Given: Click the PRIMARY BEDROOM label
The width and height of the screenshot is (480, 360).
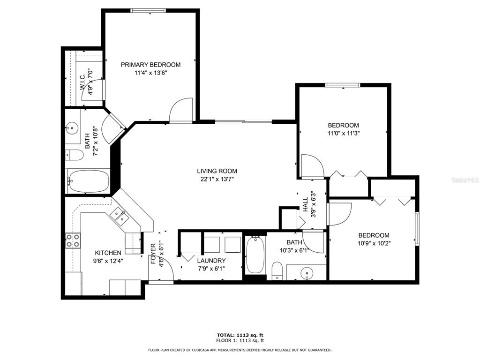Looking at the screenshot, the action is (150, 65).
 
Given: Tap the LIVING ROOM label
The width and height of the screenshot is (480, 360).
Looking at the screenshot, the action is (217, 171).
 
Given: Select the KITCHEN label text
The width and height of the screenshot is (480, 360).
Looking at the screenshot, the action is (108, 253).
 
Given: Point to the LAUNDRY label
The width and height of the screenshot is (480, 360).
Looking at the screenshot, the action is (211, 261).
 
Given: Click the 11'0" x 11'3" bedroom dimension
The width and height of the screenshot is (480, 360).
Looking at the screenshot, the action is (344, 134).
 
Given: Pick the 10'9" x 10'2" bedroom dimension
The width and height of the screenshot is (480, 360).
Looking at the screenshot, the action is (374, 244).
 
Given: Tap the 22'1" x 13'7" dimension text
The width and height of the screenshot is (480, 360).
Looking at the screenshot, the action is (217, 180).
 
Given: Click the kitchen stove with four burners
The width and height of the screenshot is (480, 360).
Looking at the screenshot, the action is (73, 240).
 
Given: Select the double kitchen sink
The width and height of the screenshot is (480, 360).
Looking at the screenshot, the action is (120, 216).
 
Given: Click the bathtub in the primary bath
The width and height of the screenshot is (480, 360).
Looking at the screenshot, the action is (88, 181).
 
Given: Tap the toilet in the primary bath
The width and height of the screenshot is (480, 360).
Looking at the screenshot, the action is (74, 155).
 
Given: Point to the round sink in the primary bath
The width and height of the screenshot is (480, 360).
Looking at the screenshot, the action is (72, 127).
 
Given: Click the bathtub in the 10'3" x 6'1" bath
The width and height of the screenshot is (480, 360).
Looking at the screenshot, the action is (255, 255).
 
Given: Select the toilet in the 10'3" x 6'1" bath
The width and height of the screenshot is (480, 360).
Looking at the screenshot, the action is (277, 270).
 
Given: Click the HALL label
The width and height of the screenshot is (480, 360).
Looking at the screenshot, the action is (306, 205).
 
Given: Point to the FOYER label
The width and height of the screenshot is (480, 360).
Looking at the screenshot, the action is (153, 254).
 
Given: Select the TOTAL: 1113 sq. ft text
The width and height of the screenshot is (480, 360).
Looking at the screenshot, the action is (240, 335).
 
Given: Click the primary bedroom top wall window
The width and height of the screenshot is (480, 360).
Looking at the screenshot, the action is (149, 11).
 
